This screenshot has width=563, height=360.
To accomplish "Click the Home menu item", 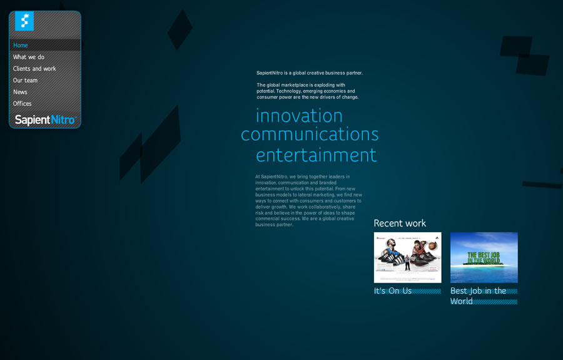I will (x=21, y=45).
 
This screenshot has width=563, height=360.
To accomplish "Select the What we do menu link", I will (x=29, y=57).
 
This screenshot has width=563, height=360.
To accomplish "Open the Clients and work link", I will (x=34, y=69).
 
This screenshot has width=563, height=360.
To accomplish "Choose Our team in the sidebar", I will (x=25, y=80).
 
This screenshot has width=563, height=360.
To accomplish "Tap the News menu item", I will (x=20, y=92).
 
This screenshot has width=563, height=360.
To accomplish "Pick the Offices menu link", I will (x=22, y=104).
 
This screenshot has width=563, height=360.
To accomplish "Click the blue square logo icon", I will (x=24, y=21).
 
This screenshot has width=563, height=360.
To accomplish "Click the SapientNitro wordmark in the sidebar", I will (x=45, y=120).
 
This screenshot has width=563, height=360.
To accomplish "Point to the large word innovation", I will (x=299, y=116).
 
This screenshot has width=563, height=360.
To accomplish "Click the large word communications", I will (x=310, y=135).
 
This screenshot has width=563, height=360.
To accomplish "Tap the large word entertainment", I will (x=316, y=155).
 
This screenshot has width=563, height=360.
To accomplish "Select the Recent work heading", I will (x=400, y=224).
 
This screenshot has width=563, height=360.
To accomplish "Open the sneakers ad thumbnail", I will (x=407, y=257).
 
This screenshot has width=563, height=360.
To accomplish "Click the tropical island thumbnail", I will (x=484, y=257).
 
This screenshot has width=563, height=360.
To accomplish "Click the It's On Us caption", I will (x=393, y=291).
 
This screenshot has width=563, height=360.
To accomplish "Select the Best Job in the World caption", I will (x=478, y=296).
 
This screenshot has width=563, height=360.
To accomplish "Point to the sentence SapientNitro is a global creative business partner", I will (x=310, y=73).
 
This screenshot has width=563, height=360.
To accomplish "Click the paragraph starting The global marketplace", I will (x=307, y=91).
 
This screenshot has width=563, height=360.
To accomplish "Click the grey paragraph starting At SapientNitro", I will (x=308, y=200).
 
